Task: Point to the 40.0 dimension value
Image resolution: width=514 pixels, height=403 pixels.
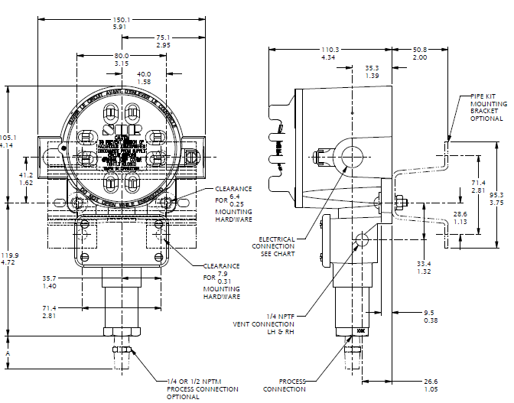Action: (x=143, y=73)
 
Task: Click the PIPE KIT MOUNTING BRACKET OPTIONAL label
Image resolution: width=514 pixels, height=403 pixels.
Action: (x=486, y=108)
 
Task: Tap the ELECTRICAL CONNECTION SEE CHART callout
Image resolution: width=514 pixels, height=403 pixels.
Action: (x=277, y=246)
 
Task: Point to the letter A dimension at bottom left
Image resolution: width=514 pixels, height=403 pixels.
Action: (x=7, y=354)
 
